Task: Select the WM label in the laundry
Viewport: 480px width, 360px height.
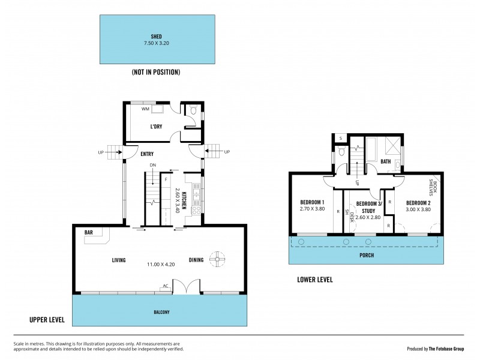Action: point(145,110)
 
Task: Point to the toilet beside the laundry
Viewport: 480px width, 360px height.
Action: point(193,112)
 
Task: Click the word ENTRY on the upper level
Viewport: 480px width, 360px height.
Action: point(147,154)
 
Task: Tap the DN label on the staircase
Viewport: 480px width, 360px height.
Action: point(153,165)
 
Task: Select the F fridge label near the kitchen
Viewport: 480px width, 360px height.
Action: point(165,179)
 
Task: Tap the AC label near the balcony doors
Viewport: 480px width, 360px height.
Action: point(165,286)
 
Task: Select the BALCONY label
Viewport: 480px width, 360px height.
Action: point(160,312)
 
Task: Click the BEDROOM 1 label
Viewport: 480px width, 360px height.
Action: point(312,202)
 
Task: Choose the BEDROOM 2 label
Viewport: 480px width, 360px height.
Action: point(418,202)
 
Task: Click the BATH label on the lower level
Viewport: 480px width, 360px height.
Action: point(386,161)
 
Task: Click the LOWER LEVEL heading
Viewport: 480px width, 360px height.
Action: point(315,280)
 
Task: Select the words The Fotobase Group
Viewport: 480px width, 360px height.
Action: point(450,348)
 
